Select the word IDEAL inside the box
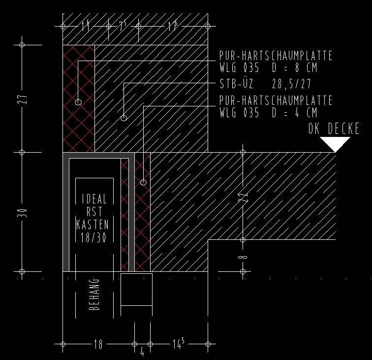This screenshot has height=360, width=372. click(x=94, y=199)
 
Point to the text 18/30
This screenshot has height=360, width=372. click(x=94, y=237)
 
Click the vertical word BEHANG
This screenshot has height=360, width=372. click(x=95, y=295)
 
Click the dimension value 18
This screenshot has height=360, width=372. click(x=98, y=344)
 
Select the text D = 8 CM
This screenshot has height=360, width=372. click(x=294, y=67)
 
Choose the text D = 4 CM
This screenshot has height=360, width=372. click(x=294, y=113)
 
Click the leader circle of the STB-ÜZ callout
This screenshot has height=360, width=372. click(x=124, y=118)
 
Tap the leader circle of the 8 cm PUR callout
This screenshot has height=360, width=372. click(x=78, y=102)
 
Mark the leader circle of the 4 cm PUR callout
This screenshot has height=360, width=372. click(x=143, y=182)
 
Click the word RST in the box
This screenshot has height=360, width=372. click(x=94, y=212)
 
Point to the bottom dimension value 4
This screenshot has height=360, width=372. click(x=142, y=352)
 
